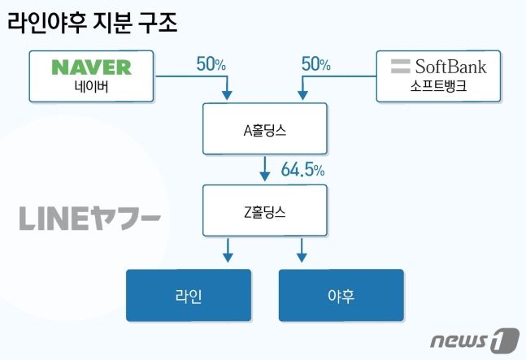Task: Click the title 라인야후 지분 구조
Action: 93,22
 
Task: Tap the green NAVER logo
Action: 90,66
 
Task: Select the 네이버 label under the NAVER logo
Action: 90,88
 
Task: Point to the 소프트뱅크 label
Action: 440,88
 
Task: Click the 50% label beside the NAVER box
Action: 211,63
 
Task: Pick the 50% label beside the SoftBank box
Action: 316,63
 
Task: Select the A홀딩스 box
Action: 265,128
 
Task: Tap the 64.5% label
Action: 302,170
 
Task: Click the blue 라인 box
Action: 188,296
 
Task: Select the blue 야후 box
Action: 341,296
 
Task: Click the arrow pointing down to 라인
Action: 228,250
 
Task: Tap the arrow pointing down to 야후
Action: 302,250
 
